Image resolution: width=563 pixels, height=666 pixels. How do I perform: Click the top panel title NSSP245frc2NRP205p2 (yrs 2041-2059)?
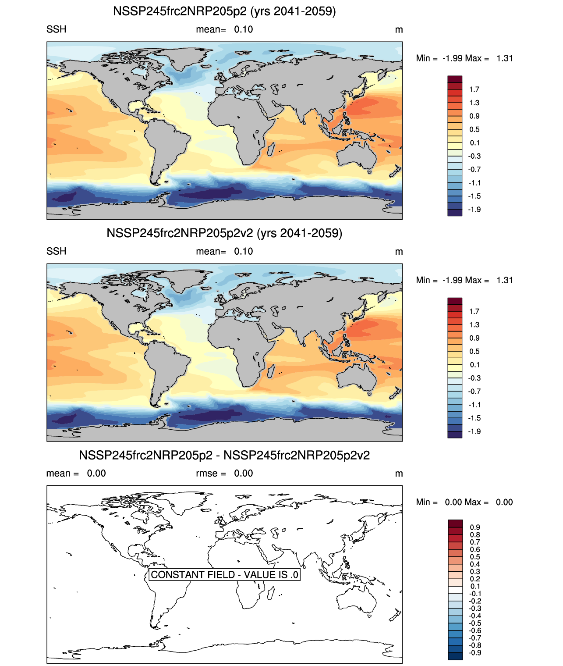pyautogui.click(x=224, y=11)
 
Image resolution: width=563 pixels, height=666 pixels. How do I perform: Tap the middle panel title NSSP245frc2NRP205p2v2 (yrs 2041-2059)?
pyautogui.click(x=224, y=233)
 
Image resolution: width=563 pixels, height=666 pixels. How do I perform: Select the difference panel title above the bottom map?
pyautogui.click(x=224, y=456)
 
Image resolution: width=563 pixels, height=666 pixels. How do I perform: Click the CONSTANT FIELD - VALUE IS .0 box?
pyautogui.click(x=224, y=574)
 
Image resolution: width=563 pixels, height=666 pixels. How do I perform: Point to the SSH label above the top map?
pyautogui.click(x=57, y=29)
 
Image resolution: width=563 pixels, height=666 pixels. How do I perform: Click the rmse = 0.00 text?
pyautogui.click(x=224, y=474)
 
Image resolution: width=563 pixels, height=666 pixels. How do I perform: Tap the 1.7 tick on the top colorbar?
pyautogui.click(x=474, y=89)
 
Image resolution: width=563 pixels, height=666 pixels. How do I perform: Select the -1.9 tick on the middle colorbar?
pyautogui.click(x=474, y=431)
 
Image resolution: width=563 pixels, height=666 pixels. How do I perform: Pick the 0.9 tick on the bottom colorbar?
pyautogui.click(x=475, y=527)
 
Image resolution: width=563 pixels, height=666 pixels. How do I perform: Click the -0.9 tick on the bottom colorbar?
pyautogui.click(x=475, y=653)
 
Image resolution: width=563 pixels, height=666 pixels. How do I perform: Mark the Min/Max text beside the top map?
pyautogui.click(x=464, y=58)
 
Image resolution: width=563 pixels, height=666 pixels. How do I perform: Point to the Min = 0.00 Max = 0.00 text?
pyautogui.click(x=464, y=502)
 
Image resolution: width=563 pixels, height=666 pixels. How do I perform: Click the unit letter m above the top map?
pyautogui.click(x=399, y=30)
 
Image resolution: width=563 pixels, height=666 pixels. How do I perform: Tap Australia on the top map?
pyautogui.click(x=357, y=156)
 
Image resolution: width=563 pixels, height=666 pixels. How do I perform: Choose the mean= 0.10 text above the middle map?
pyautogui.click(x=224, y=252)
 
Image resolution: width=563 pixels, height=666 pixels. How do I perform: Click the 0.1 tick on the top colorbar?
pyautogui.click(x=474, y=143)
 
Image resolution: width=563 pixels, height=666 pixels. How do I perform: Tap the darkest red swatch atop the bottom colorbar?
pyautogui.click(x=455, y=524)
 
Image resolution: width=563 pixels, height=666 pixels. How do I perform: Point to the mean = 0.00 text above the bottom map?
pyautogui.click(x=76, y=474)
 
